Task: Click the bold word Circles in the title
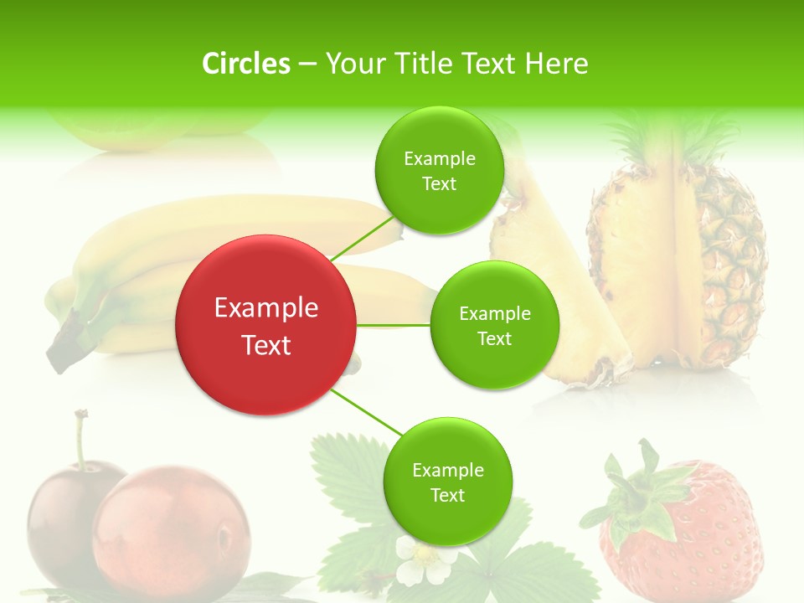[246, 63]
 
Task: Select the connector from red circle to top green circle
[362, 239]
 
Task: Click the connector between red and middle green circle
[394, 325]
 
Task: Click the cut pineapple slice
[553, 285]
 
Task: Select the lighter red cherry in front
[172, 532]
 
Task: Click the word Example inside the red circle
[266, 308]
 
